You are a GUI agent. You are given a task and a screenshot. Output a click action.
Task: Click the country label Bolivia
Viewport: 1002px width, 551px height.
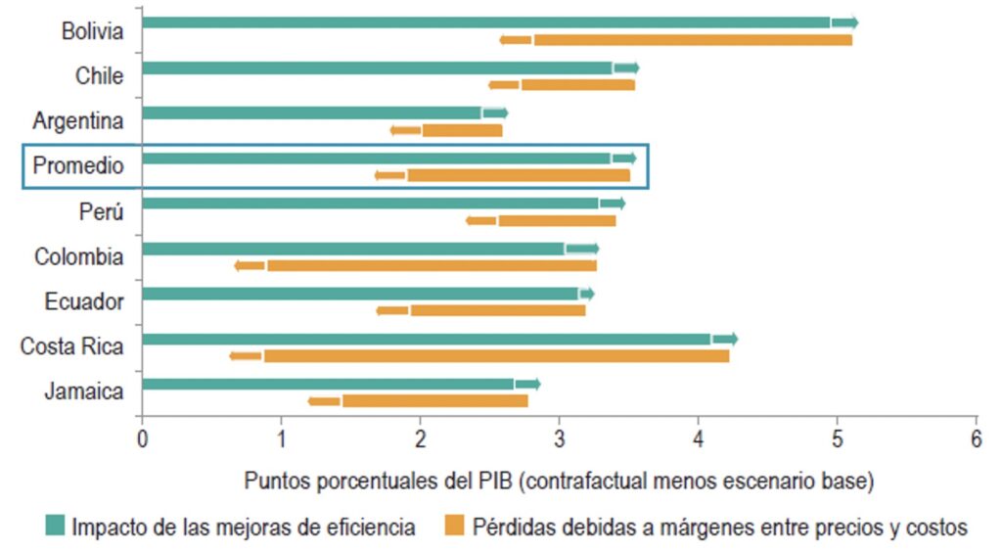(x=92, y=31)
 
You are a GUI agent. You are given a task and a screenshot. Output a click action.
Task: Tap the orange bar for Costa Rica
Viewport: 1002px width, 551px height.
(x=495, y=356)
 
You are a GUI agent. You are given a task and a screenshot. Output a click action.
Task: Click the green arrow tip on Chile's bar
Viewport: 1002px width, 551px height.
(x=627, y=68)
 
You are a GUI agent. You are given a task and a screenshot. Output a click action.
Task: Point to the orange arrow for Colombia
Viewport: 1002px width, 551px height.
(x=250, y=265)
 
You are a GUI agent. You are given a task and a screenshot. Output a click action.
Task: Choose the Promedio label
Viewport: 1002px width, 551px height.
(x=78, y=166)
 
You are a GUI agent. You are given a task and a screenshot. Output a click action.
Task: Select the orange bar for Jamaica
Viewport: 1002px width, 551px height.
(x=434, y=401)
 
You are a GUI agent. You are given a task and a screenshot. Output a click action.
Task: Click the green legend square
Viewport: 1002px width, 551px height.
(x=55, y=528)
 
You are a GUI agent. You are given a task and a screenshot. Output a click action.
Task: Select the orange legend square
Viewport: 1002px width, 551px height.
(x=453, y=528)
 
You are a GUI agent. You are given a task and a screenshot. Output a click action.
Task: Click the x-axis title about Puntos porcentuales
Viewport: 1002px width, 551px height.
(x=559, y=482)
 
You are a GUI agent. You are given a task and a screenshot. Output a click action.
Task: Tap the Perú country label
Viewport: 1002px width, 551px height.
(x=101, y=211)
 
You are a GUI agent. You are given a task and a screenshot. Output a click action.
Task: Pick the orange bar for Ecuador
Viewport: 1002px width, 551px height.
(x=497, y=310)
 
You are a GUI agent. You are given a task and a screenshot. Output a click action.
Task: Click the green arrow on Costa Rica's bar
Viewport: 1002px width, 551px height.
(x=725, y=339)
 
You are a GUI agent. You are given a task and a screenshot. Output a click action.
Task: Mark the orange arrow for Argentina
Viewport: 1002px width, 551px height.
(x=405, y=130)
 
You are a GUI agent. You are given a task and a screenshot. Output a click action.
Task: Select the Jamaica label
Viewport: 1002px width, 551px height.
(x=84, y=392)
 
